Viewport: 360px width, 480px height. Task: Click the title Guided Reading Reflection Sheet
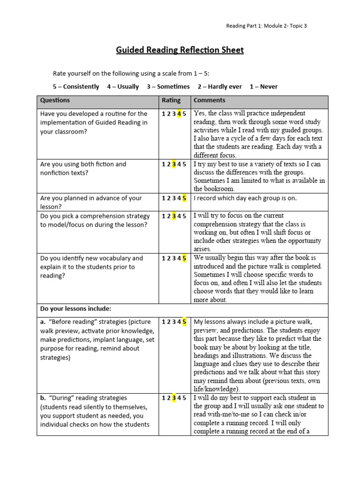tap(180, 50)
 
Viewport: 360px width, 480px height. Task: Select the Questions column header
tap(55, 100)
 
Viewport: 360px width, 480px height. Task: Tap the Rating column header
tap(171, 100)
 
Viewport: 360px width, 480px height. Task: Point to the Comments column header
tap(209, 100)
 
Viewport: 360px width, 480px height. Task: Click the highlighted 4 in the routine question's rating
tap(179, 114)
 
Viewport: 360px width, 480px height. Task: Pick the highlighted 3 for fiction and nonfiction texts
tap(174, 165)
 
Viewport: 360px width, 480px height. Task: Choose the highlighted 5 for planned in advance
tap(184, 198)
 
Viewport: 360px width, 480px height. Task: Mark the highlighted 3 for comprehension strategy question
tap(174, 216)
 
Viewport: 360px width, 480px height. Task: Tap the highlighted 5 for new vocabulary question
tap(184, 258)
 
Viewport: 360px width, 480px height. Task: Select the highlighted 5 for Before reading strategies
tap(184, 322)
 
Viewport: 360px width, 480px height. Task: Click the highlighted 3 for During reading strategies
tap(174, 398)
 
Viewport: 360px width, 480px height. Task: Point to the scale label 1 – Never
tap(263, 87)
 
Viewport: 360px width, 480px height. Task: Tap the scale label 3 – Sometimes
tap(168, 87)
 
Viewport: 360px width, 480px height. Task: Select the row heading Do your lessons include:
tap(76, 309)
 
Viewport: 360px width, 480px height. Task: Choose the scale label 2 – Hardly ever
tap(220, 87)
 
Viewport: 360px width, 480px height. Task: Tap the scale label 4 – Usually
tap(123, 87)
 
